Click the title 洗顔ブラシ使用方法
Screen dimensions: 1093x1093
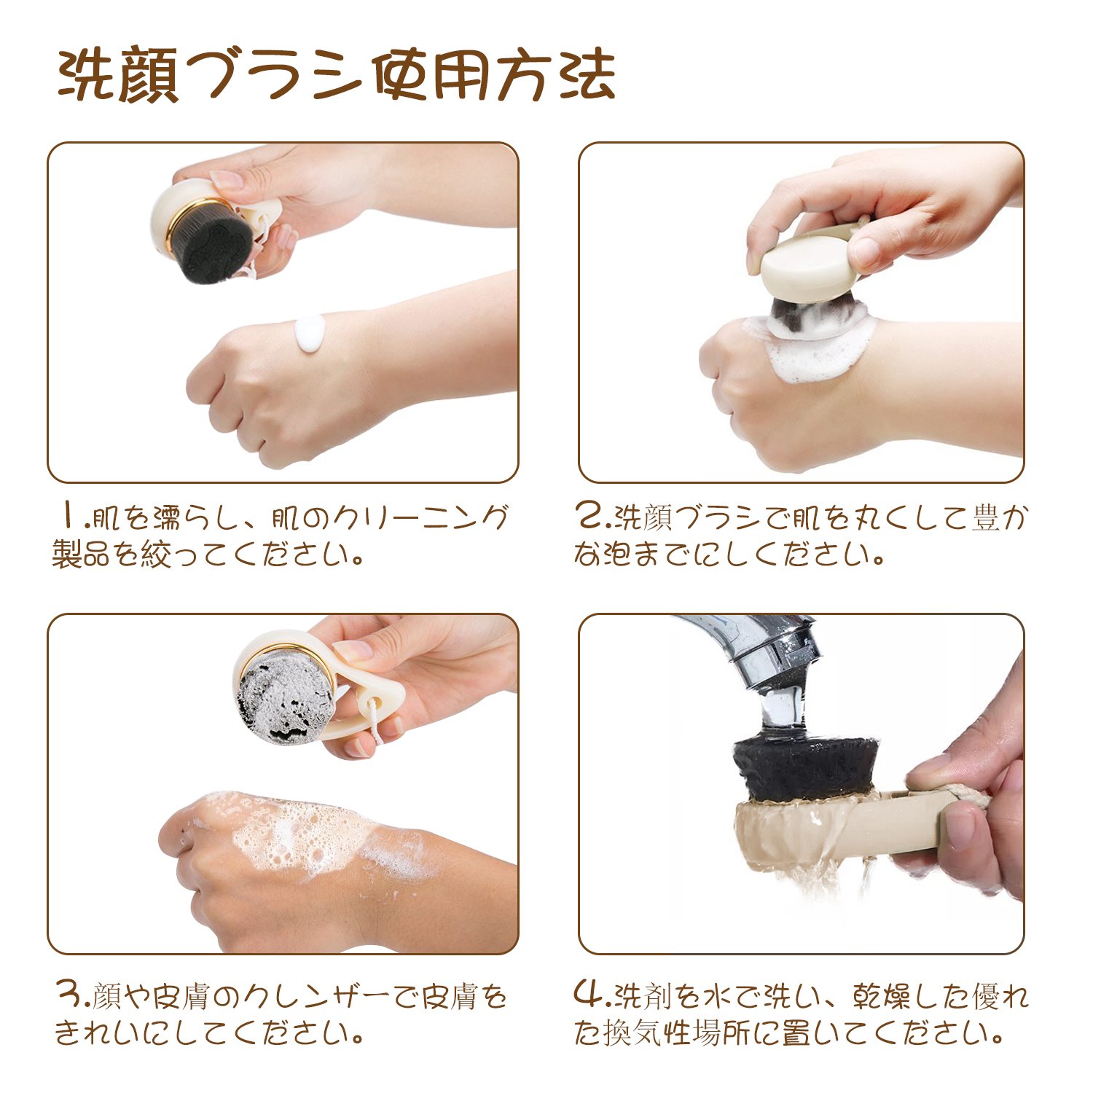[337, 75]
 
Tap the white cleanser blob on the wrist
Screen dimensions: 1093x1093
[312, 335]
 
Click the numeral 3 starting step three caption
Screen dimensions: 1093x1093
[71, 995]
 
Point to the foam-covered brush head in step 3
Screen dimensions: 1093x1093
[286, 692]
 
